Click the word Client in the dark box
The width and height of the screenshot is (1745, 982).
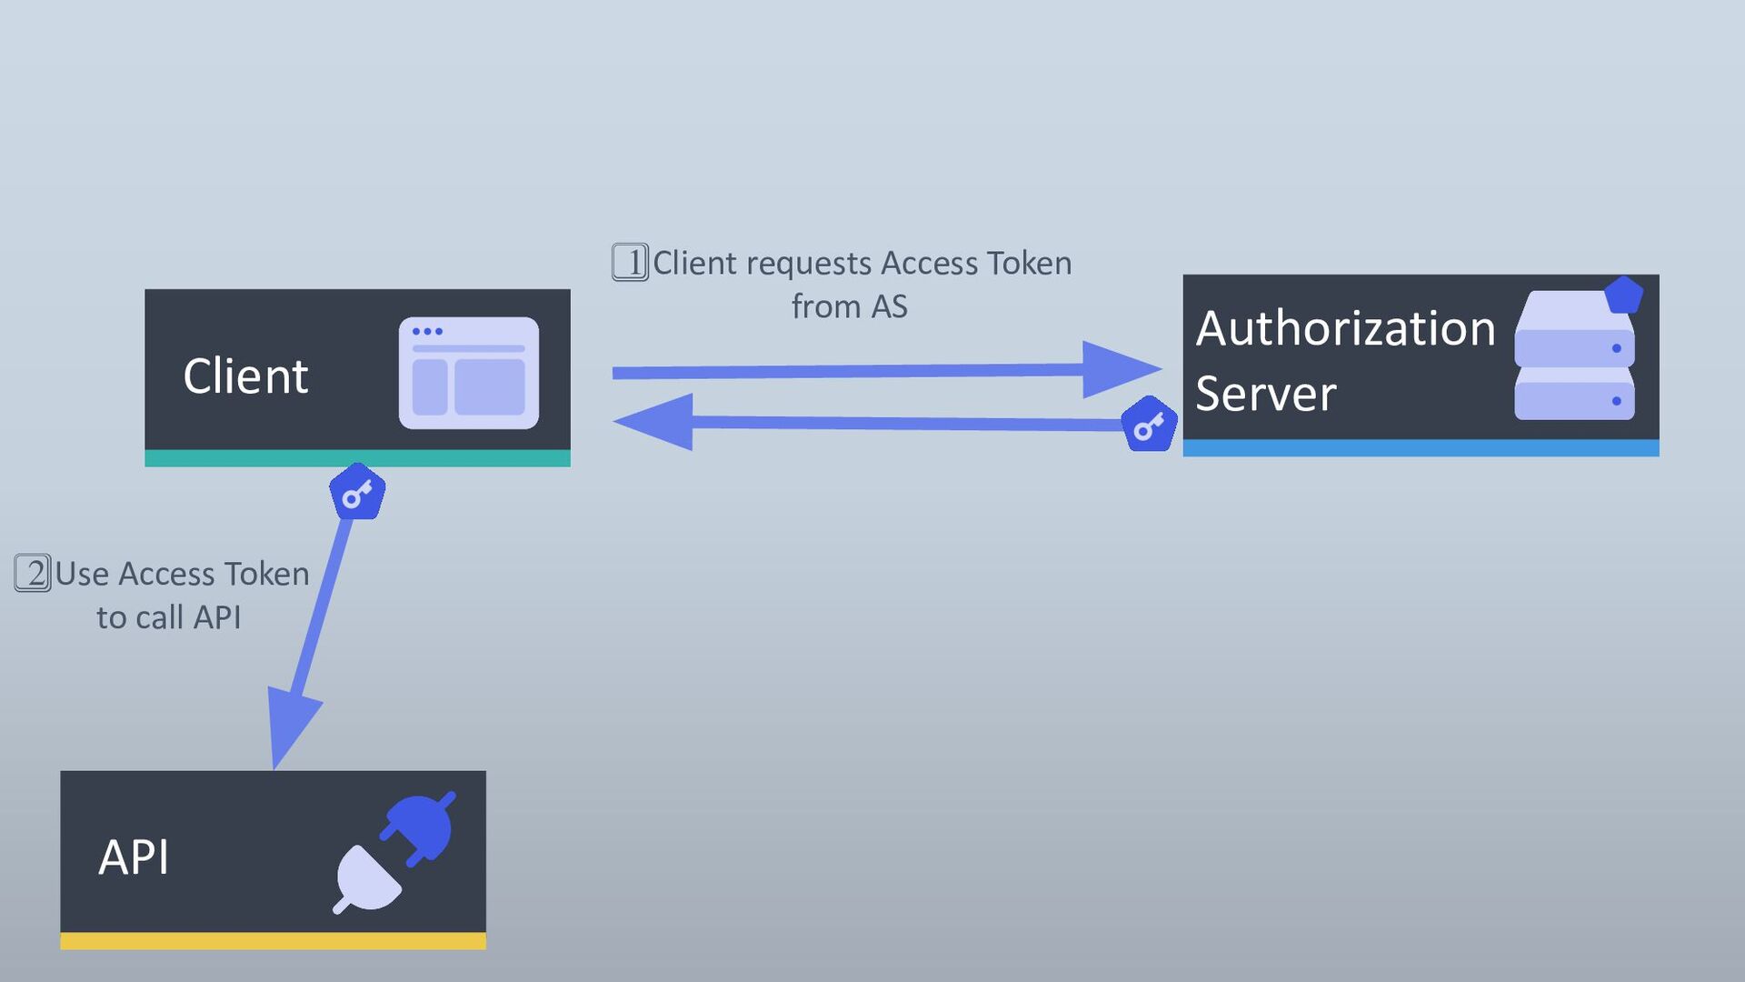tap(245, 376)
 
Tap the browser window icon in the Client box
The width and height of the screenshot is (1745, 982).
tap(469, 373)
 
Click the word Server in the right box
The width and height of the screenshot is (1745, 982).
tap(1265, 394)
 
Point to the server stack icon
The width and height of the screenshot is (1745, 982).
tap(1574, 356)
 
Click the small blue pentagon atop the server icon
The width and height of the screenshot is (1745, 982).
tap(1623, 295)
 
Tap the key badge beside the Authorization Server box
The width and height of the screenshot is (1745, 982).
tap(1149, 424)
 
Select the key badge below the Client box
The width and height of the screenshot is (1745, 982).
tap(357, 492)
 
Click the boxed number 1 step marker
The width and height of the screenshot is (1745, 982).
tap(630, 263)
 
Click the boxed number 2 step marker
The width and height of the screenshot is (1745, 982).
tap(33, 574)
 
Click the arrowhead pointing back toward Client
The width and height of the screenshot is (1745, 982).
tap(653, 422)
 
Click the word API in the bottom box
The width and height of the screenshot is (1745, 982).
tap(134, 857)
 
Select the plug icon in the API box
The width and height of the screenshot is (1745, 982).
tap(394, 852)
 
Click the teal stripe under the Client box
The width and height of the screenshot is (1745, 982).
tap(357, 458)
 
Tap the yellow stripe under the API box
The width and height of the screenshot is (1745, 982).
tap(273, 942)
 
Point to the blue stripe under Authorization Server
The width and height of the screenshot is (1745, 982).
tap(1421, 448)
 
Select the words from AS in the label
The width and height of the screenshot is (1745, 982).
tap(849, 306)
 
